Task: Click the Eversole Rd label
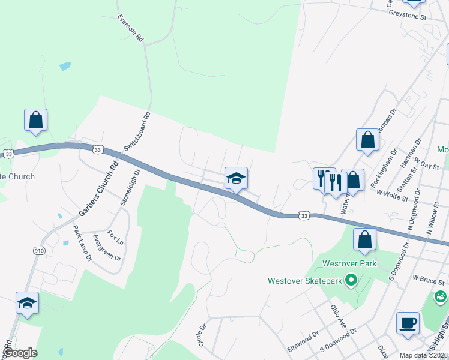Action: [130, 28]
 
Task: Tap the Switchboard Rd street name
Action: [136, 131]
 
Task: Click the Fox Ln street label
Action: [116, 238]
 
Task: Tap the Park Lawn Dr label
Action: [82, 242]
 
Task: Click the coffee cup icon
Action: [408, 323]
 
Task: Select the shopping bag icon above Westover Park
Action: [365, 239]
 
